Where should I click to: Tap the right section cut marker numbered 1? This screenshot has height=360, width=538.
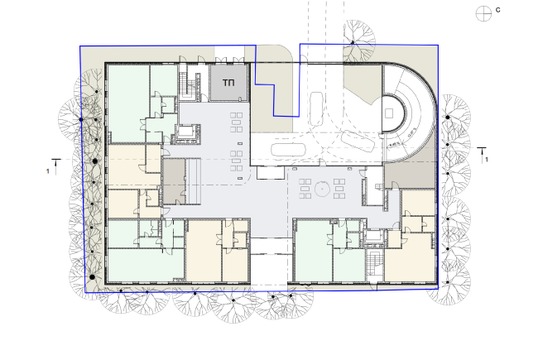pyautogui.click(x=484, y=152)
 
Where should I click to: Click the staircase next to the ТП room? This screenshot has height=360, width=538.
pyautogui.click(x=194, y=86)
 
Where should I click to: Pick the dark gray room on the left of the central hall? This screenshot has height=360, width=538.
pyautogui.click(x=174, y=181)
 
